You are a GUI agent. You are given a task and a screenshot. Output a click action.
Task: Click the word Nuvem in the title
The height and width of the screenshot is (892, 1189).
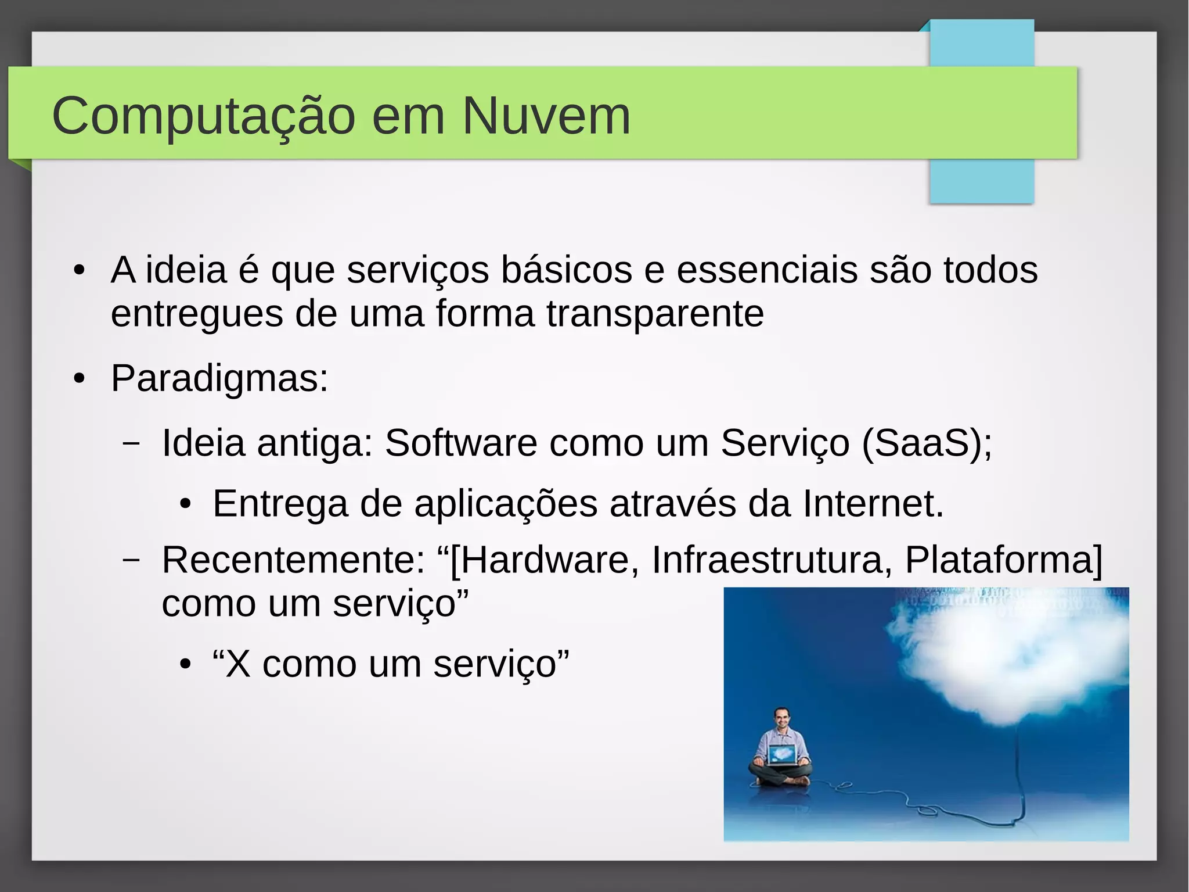[x=546, y=116]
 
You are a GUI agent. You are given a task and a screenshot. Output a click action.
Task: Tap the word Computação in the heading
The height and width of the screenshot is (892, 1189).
[x=203, y=116]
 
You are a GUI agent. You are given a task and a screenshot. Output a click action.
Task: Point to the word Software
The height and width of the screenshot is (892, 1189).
[x=461, y=443]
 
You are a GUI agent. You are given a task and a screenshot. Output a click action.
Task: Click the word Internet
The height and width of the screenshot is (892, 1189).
[x=873, y=503]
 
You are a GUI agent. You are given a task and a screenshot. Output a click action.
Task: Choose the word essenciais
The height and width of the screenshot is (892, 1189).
[x=767, y=270]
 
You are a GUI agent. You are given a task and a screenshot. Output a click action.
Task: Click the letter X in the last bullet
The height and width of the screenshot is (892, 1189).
[x=238, y=664]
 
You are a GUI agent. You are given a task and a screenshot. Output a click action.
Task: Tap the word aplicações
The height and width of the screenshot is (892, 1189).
[x=506, y=503]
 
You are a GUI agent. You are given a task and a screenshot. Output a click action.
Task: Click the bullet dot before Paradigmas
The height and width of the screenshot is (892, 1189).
[x=80, y=379]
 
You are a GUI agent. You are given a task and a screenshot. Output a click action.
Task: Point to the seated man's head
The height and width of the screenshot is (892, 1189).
[x=782, y=718]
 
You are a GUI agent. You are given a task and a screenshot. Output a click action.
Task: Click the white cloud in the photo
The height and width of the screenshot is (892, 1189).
[x=1004, y=657]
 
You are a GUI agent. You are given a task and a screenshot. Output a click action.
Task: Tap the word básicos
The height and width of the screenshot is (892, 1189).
[x=567, y=270]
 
